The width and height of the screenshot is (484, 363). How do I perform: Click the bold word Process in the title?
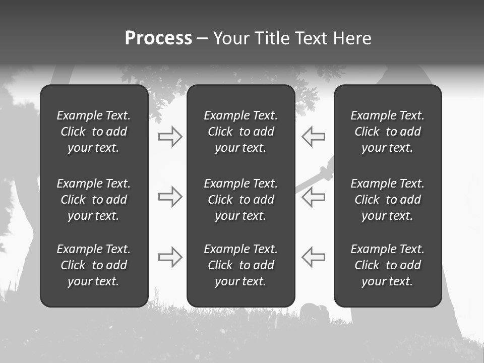coord(158,38)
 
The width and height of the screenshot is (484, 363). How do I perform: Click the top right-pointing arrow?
coord(170,137)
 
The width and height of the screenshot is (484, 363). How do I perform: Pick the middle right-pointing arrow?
coord(170,197)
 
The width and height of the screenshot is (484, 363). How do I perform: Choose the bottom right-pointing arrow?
coord(170,257)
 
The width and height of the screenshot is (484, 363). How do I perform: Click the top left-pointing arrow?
coord(313,137)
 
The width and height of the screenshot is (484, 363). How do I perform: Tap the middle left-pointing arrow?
coord(313,197)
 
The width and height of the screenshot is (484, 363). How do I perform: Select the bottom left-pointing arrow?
coord(313,257)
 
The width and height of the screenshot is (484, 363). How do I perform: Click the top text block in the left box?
coord(94,132)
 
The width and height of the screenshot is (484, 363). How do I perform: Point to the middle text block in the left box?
coord(94,200)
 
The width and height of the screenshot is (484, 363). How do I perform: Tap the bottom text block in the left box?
coord(94,265)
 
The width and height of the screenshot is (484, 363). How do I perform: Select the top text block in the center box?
coord(240,132)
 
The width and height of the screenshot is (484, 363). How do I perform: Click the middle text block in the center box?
coord(240,200)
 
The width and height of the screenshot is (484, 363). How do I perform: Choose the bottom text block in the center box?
coord(240,265)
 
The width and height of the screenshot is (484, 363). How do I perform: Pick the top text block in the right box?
coord(387,132)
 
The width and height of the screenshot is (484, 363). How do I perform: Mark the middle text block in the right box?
coord(387,200)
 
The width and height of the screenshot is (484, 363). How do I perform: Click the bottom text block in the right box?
coord(387,265)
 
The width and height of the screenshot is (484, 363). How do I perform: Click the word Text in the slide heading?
coord(311,38)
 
